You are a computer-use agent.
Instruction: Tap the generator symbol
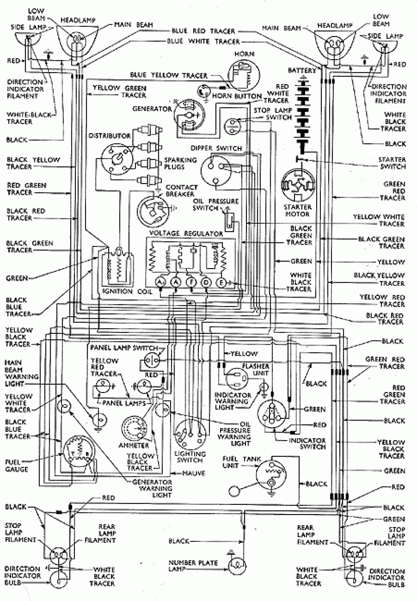click(x=189, y=115)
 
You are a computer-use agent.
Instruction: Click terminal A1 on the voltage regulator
click(x=160, y=282)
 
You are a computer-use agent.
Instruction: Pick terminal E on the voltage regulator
click(x=221, y=282)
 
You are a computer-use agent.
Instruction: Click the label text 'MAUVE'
click(x=194, y=473)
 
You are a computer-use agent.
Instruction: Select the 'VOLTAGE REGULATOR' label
click(x=186, y=234)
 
